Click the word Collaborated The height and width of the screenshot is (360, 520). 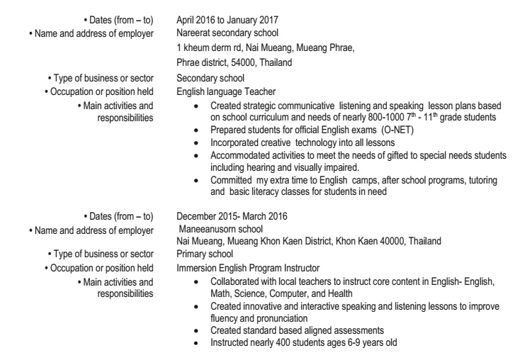point(237,281)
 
